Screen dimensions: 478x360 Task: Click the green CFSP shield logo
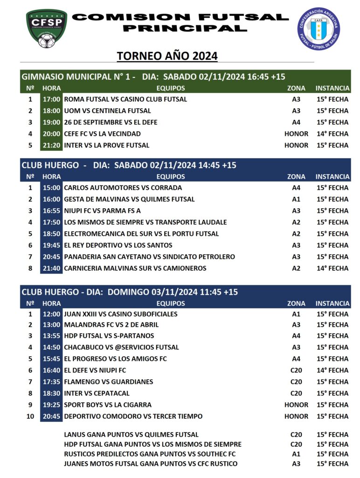click(46, 28)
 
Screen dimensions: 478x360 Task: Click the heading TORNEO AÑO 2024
click(167, 56)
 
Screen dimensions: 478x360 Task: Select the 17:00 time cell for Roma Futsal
click(51, 99)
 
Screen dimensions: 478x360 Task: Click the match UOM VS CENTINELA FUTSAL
click(107, 111)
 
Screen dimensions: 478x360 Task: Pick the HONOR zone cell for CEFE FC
click(296, 134)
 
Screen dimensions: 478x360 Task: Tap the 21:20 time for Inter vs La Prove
click(51, 145)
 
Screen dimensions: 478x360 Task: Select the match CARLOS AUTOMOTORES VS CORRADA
click(123, 188)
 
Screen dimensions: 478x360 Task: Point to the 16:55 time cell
click(51, 211)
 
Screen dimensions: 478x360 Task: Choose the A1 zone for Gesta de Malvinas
click(296, 199)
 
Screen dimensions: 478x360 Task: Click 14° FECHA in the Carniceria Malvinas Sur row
click(332, 268)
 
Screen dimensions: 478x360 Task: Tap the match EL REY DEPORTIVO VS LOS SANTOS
click(118, 245)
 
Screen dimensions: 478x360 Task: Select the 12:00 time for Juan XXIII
click(51, 314)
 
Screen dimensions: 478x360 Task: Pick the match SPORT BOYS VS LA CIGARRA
click(108, 405)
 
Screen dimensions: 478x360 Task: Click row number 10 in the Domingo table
click(30, 416)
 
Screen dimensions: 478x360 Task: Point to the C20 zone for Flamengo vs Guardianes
click(296, 382)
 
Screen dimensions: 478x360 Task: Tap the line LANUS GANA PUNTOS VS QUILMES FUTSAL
click(131, 435)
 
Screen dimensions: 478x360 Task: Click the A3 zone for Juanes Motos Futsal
click(296, 464)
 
